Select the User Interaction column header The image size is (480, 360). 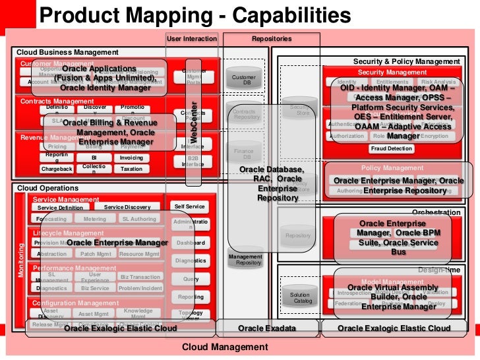(x=191, y=39)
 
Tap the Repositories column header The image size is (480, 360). (x=271, y=39)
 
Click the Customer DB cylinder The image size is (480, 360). (x=241, y=80)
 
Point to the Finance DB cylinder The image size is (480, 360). (x=243, y=154)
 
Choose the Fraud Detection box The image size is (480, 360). (x=391, y=149)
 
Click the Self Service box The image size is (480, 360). (x=189, y=206)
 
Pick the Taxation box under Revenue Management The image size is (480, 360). (x=131, y=169)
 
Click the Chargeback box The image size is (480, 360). (x=57, y=169)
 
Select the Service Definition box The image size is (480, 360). (x=60, y=208)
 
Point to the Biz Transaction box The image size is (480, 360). (x=140, y=277)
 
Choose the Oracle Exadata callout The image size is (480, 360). (x=267, y=328)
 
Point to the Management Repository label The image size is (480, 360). (x=245, y=259)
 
